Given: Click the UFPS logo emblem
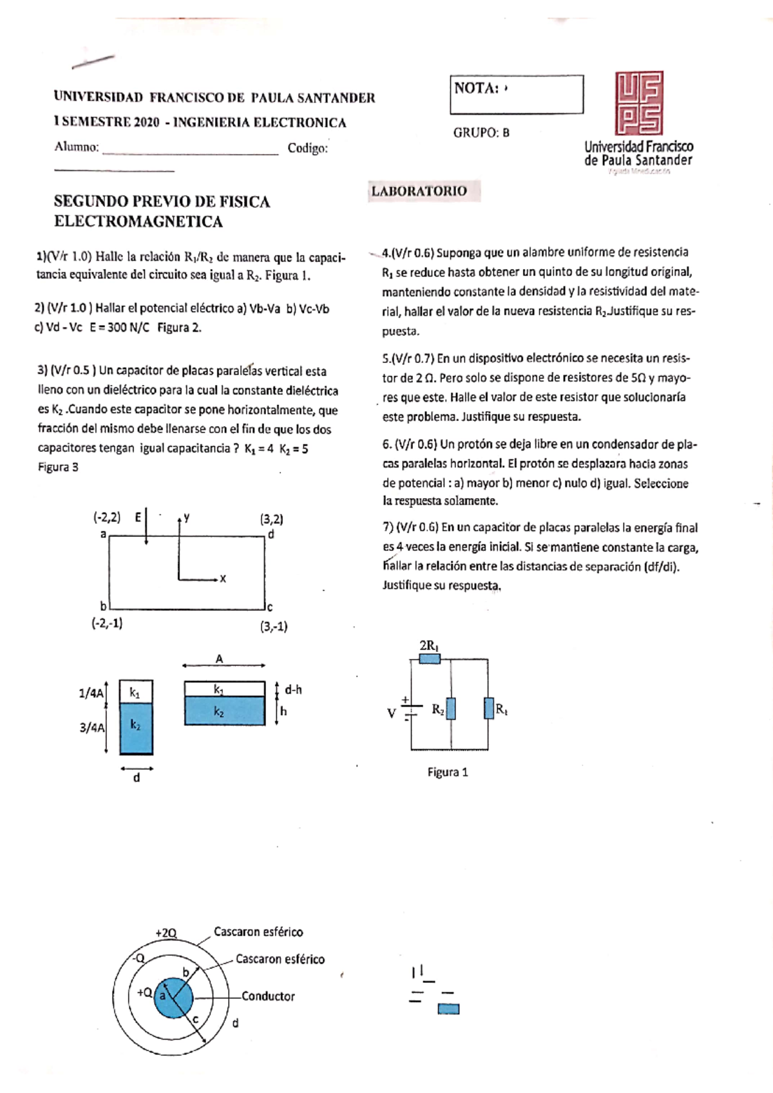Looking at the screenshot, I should [639, 103].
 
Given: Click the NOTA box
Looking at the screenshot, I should [517, 95].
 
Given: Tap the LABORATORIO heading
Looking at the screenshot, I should [419, 191].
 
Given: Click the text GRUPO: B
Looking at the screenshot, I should [481, 133].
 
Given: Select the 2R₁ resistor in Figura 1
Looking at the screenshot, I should [430, 659].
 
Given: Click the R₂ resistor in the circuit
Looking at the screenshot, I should [451, 709].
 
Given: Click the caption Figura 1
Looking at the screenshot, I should [448, 772].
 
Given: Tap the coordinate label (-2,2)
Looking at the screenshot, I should [106, 517].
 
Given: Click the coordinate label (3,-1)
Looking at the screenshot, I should [274, 626].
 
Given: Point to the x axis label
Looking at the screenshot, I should [223, 579].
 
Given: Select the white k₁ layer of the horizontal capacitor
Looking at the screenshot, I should [224, 689].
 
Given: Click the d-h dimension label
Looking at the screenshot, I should [293, 689].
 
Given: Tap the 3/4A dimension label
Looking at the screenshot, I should [91, 728].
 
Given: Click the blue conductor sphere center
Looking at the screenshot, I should [173, 998].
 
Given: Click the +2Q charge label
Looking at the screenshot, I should [166, 933].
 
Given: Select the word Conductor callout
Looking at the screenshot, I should [268, 996].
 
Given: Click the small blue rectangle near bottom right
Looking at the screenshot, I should [448, 1009].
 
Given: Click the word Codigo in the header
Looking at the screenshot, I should [307, 148].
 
